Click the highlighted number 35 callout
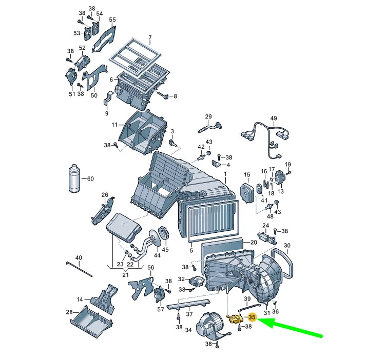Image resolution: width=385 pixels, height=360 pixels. click(x=252, y=317)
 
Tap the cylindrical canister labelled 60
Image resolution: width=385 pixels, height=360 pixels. click(x=74, y=178)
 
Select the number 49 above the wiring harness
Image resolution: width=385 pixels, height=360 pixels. click(x=274, y=118)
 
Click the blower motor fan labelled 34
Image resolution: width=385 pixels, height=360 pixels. click(x=210, y=325)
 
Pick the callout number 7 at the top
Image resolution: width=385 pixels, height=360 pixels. click(x=150, y=38)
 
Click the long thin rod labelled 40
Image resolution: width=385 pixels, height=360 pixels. click(x=79, y=269)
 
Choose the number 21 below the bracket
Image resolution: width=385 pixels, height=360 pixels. click(x=125, y=275)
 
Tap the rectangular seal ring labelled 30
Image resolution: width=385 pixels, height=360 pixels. click(x=282, y=263)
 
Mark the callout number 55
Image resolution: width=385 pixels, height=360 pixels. click(x=112, y=19)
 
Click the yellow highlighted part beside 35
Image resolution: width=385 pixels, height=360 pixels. click(x=236, y=319)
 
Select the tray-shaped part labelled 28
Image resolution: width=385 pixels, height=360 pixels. click(x=92, y=321)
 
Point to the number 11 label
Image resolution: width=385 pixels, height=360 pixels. click(x=115, y=125)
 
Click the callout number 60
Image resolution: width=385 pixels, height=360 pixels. click(x=90, y=179)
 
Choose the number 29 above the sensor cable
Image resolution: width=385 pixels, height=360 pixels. click(x=208, y=116)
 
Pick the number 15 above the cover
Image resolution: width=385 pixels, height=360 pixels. click(x=247, y=174)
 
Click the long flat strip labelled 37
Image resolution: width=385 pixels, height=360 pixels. click(x=188, y=304)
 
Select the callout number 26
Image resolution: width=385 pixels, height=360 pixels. click(x=105, y=195)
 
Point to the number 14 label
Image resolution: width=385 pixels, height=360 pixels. click(x=80, y=299)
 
